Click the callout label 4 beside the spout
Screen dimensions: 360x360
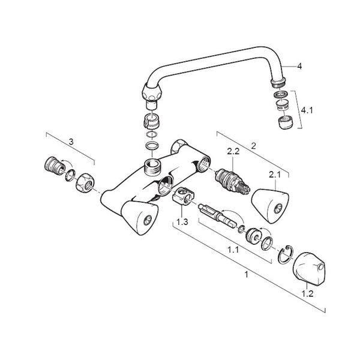pos(299,67)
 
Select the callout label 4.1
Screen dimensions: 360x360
pos(307,110)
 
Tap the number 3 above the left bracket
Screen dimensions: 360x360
pos(71,142)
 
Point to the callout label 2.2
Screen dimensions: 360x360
pos(233,151)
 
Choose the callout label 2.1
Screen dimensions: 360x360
pos(275,175)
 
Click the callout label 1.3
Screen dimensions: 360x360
pos(182,222)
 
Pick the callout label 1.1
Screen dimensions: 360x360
pos(233,250)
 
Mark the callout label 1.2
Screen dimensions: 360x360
pos(307,293)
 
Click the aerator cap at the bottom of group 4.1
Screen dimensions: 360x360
pos(286,123)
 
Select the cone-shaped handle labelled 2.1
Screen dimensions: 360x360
pos(270,206)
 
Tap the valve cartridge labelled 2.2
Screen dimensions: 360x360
pos(232,182)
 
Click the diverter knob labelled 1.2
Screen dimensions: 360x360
pos(309,269)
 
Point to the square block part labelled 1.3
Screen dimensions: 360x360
pos(183,196)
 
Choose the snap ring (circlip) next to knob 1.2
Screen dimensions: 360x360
pos(286,255)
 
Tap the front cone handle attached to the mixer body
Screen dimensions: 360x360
pos(139,218)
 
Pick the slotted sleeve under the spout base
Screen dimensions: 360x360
pos(151,120)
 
